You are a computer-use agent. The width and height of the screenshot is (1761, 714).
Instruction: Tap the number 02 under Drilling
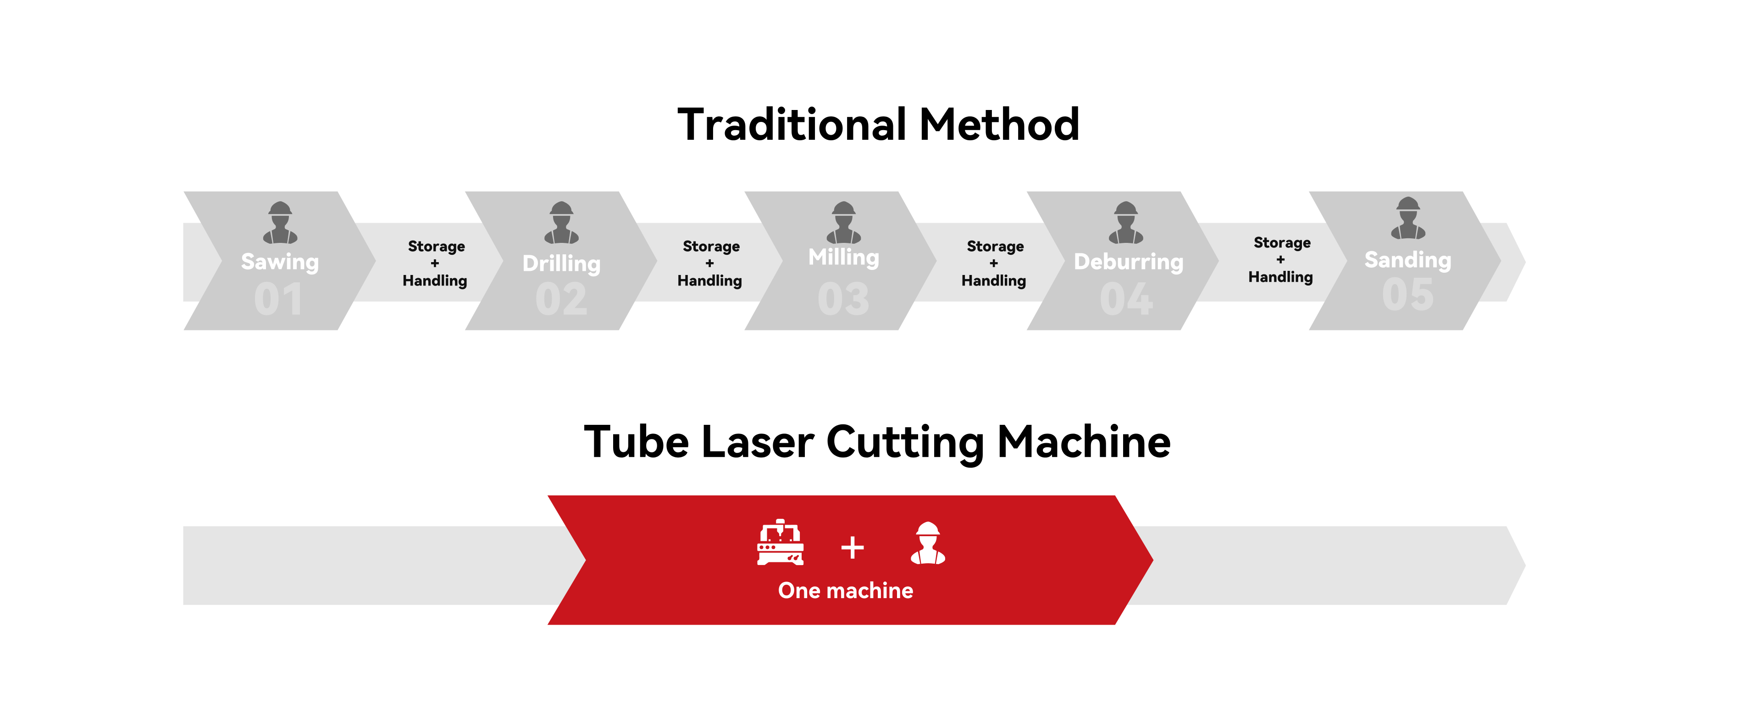[x=561, y=299]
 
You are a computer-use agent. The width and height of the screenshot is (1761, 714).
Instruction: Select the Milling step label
[x=844, y=258]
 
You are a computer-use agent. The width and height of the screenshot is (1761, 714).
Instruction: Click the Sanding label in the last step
[x=1407, y=260]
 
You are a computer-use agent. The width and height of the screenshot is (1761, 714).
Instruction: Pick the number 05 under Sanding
[x=1407, y=295]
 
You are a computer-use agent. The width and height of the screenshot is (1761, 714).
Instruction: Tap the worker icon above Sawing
[x=280, y=222]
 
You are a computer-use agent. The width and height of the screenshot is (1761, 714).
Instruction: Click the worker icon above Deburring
[x=1126, y=222]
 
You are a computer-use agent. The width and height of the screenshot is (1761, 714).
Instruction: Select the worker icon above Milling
[x=844, y=222]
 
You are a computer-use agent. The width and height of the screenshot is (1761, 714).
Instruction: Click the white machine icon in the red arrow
[x=780, y=543]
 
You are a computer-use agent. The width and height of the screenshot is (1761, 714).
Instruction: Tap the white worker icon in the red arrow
[x=928, y=543]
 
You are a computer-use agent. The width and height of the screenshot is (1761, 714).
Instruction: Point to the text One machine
[x=846, y=590]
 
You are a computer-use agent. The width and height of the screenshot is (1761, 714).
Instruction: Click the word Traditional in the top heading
[x=792, y=125]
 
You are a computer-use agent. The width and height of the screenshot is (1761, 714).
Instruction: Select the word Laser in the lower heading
[x=758, y=442]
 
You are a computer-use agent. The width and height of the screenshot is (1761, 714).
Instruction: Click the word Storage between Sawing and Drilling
[x=436, y=247]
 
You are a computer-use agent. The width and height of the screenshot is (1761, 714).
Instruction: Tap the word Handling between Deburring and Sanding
[x=1280, y=277]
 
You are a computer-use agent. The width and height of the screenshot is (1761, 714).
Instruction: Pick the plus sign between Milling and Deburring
[x=993, y=263]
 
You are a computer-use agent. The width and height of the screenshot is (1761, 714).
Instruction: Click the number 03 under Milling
[x=844, y=299]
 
